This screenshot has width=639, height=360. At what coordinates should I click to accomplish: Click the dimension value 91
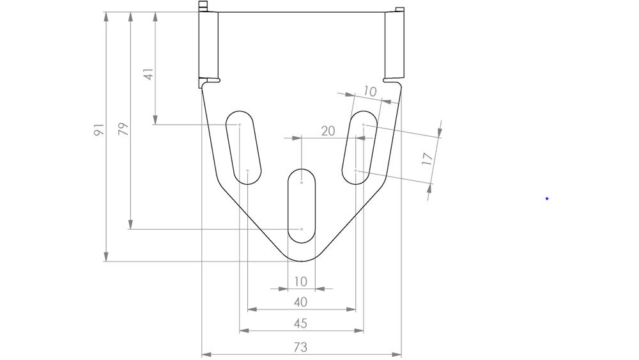tap(99, 130)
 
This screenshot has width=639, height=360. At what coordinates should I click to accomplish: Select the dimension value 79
tap(123, 129)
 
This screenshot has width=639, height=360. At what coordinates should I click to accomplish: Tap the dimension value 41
tap(148, 74)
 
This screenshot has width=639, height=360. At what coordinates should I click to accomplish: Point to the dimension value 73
tap(300, 347)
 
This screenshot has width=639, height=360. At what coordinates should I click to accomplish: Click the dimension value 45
tap(300, 324)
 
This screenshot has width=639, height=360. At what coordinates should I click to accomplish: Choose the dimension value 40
tap(300, 302)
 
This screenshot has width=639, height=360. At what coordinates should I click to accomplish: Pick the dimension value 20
tap(328, 131)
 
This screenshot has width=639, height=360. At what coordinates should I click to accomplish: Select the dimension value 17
tap(427, 159)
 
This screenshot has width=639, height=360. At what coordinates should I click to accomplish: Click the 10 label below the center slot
tap(300, 281)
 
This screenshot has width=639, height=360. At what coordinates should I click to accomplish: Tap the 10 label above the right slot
tap(369, 91)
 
